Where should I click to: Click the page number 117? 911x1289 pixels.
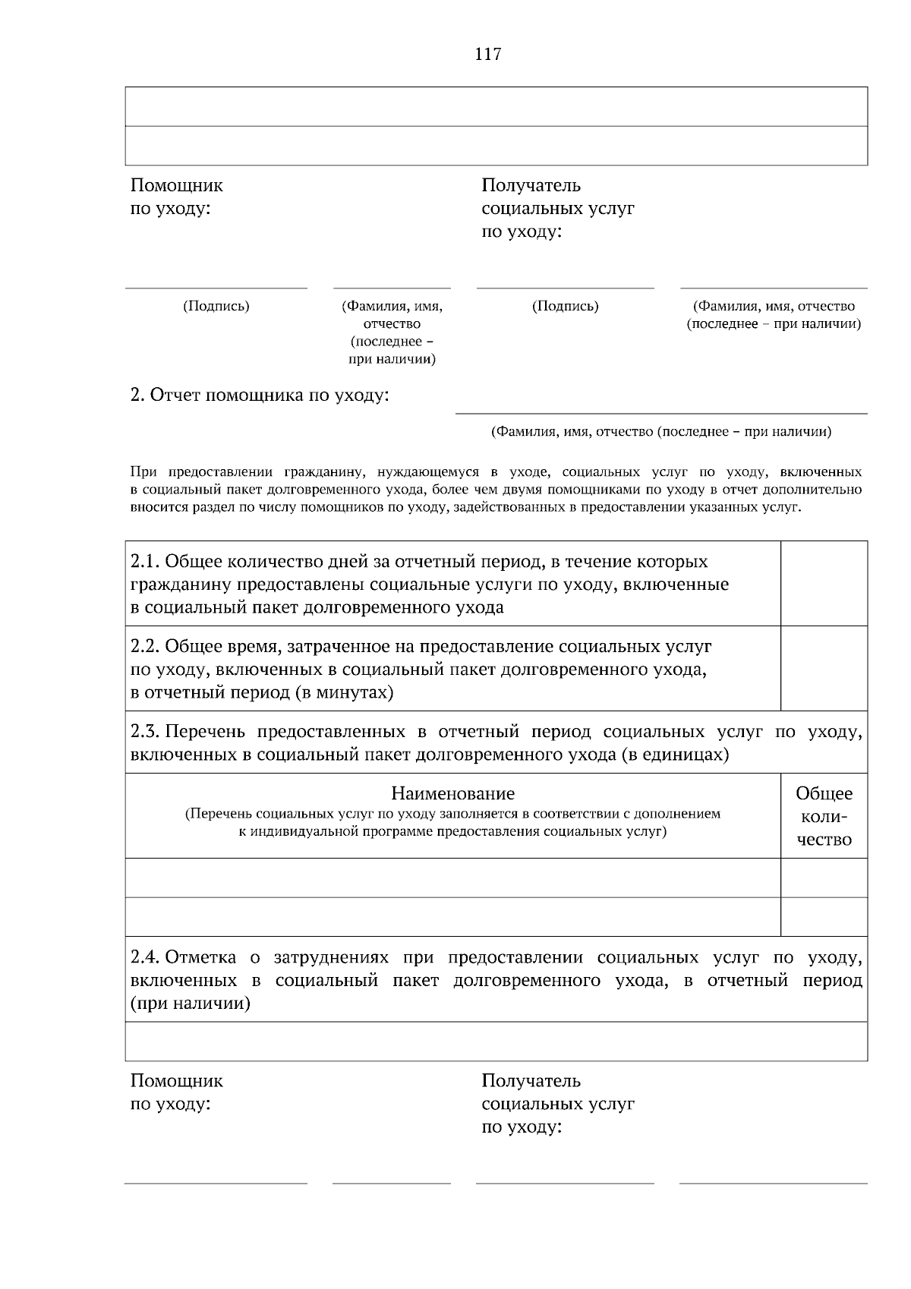487,55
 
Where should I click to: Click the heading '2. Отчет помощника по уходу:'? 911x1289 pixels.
260,396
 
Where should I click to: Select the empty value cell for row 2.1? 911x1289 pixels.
824,583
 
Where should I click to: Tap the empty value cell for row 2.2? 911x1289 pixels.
824,668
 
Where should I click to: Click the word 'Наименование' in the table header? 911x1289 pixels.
452,793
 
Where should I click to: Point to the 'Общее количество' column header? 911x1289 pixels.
824,816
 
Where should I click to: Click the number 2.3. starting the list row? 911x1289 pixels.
144,732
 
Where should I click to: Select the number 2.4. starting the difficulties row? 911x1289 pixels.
144,957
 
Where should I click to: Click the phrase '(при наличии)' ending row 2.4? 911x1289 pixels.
191,1004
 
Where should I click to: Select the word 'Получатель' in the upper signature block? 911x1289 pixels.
531,185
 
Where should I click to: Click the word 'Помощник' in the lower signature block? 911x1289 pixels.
177,1080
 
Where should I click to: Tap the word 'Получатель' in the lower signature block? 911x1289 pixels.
531,1080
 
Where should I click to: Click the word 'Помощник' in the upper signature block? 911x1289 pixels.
177,185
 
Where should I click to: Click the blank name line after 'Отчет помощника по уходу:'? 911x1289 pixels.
660,406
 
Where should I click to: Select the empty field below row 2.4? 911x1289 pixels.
496,1041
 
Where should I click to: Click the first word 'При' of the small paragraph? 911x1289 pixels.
142,471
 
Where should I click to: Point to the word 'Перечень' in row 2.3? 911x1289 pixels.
205,732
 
